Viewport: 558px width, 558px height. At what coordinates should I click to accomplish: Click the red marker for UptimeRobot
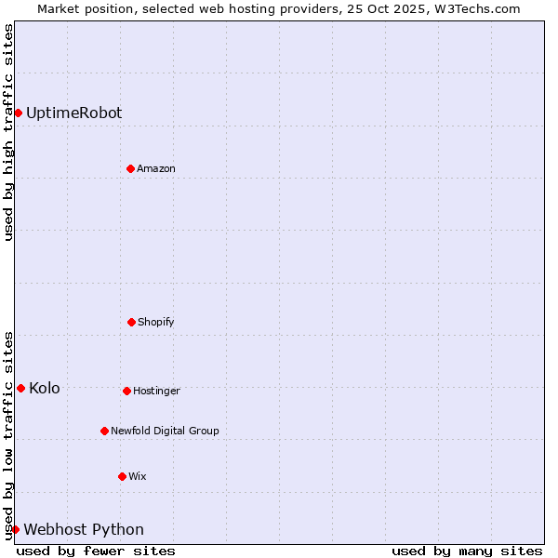coord(18,113)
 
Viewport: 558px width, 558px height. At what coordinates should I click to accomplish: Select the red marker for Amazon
coord(130,168)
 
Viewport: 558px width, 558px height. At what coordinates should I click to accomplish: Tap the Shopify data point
coord(131,322)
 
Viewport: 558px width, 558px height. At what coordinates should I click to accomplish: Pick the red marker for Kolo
coord(20,388)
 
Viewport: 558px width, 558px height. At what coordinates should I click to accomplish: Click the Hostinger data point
coord(126,391)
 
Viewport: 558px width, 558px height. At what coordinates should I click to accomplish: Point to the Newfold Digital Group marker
coord(104,431)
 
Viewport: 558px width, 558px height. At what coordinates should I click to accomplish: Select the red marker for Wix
coord(122,476)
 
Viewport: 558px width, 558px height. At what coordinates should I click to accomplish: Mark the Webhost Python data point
coord(15,529)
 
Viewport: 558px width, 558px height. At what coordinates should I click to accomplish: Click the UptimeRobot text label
coord(73,113)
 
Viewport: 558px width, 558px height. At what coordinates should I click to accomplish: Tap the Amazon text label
coord(156,168)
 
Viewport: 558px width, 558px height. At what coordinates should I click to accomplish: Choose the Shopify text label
coord(156,322)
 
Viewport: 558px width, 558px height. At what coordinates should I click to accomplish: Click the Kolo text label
coord(45,388)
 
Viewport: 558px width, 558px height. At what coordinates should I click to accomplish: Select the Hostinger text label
coord(156,391)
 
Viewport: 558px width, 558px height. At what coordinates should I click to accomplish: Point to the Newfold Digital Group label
coord(165,431)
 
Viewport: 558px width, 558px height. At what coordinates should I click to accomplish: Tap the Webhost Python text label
coord(84,529)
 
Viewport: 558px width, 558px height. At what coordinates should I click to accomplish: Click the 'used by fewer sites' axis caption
coord(96,551)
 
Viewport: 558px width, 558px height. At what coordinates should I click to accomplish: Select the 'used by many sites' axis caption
coord(467,551)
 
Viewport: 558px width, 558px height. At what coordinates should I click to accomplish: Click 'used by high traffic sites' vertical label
coord(8,132)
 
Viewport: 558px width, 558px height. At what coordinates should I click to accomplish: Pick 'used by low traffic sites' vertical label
coord(8,435)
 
